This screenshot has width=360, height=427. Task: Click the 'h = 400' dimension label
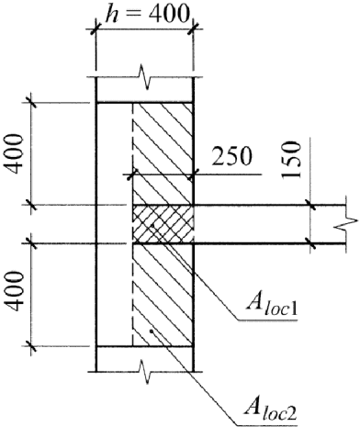(146, 13)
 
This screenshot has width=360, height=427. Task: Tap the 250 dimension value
(232, 156)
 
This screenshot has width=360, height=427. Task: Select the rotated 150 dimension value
(291, 160)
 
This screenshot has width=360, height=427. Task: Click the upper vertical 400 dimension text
(16, 153)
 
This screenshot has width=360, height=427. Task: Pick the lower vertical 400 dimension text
(16, 290)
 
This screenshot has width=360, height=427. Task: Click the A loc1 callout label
(272, 308)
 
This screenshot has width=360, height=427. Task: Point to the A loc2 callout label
(270, 411)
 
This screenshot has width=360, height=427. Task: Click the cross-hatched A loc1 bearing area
(163, 224)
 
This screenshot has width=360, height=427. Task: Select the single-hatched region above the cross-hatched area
(163, 153)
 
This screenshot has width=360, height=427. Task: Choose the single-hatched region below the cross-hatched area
(163, 295)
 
